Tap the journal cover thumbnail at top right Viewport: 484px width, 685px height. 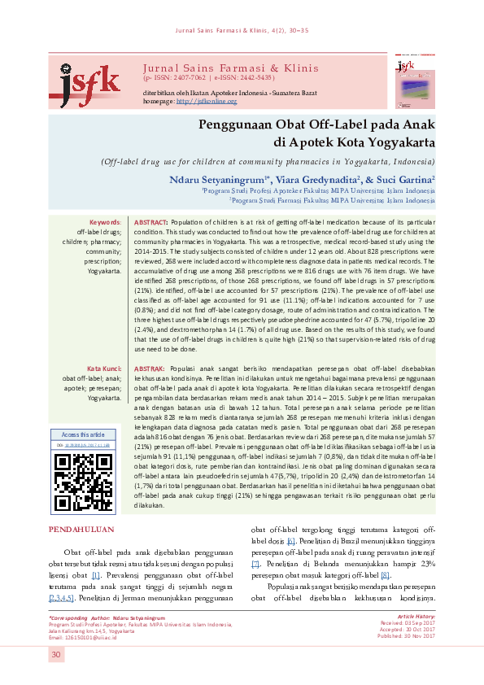pos(412,81)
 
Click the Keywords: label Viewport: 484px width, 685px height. pos(105,222)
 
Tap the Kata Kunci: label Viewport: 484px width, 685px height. pos(104,369)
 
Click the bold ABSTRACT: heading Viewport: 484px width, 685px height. pos(150,222)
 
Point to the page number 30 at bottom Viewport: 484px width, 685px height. pos(56,655)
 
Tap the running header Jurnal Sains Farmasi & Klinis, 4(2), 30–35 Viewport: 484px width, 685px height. pos(242,31)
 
